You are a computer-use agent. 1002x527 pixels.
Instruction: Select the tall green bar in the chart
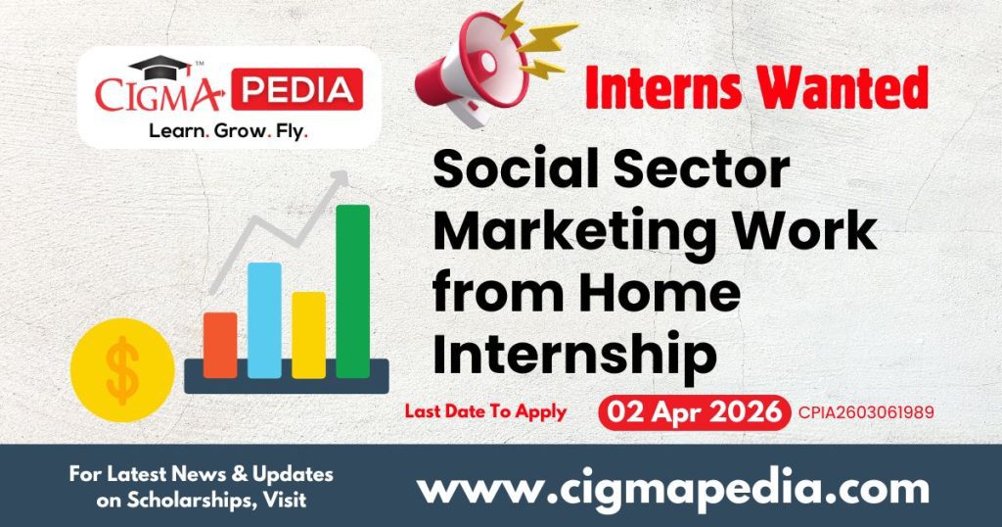[x=352, y=291]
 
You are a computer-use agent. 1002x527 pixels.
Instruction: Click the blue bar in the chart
[x=264, y=319]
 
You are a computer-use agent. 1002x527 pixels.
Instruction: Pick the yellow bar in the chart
[x=308, y=334]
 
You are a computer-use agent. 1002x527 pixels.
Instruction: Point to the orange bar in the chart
[x=220, y=344]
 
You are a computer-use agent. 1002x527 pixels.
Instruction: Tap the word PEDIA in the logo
[x=300, y=89]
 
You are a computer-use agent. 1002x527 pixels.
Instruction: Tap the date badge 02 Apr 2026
[x=694, y=411]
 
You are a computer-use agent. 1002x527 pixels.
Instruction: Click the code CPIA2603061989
[x=866, y=412]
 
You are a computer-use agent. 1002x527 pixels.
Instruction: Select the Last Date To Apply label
[x=485, y=411]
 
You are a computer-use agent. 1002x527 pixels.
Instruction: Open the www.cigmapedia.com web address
[x=673, y=487]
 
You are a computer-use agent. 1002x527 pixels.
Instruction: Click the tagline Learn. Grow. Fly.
[x=228, y=130]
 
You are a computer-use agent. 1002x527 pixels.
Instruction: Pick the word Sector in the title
[x=706, y=171]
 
